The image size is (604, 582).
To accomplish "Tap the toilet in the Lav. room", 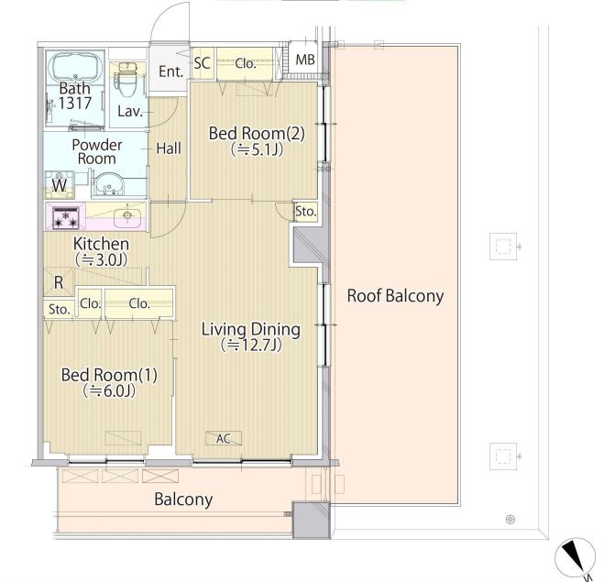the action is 126,80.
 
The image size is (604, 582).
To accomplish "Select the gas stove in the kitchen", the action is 65,217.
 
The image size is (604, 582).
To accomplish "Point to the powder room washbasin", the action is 109,185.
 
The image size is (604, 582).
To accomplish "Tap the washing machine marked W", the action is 60,185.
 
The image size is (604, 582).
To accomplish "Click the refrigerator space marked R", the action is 59,282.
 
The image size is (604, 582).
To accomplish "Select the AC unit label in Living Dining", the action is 224,438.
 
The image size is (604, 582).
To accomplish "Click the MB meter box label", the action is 305,60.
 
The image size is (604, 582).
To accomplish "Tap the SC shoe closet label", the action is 203,63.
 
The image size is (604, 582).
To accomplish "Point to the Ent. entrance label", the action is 170,71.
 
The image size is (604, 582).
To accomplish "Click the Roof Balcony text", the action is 395,296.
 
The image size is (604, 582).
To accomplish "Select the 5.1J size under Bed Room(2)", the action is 258,149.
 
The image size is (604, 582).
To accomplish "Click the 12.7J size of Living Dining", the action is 251,346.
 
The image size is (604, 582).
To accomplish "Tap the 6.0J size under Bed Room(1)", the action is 109,390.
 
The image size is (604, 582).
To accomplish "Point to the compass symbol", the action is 575,556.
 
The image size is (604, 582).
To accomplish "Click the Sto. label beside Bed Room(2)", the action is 306,212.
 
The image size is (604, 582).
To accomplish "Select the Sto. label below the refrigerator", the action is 59,309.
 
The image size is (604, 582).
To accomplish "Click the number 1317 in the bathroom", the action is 75,103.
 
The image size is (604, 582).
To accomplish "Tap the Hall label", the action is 169,148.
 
